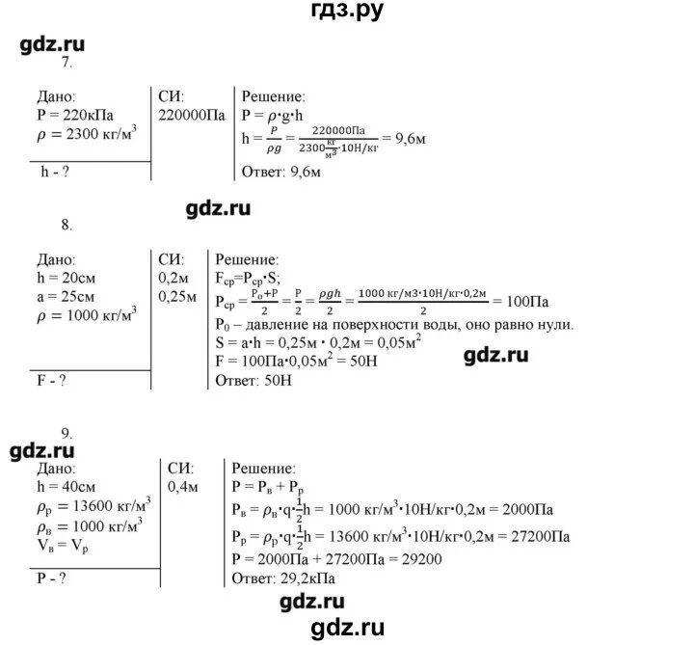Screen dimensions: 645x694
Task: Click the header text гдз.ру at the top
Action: point(346,12)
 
